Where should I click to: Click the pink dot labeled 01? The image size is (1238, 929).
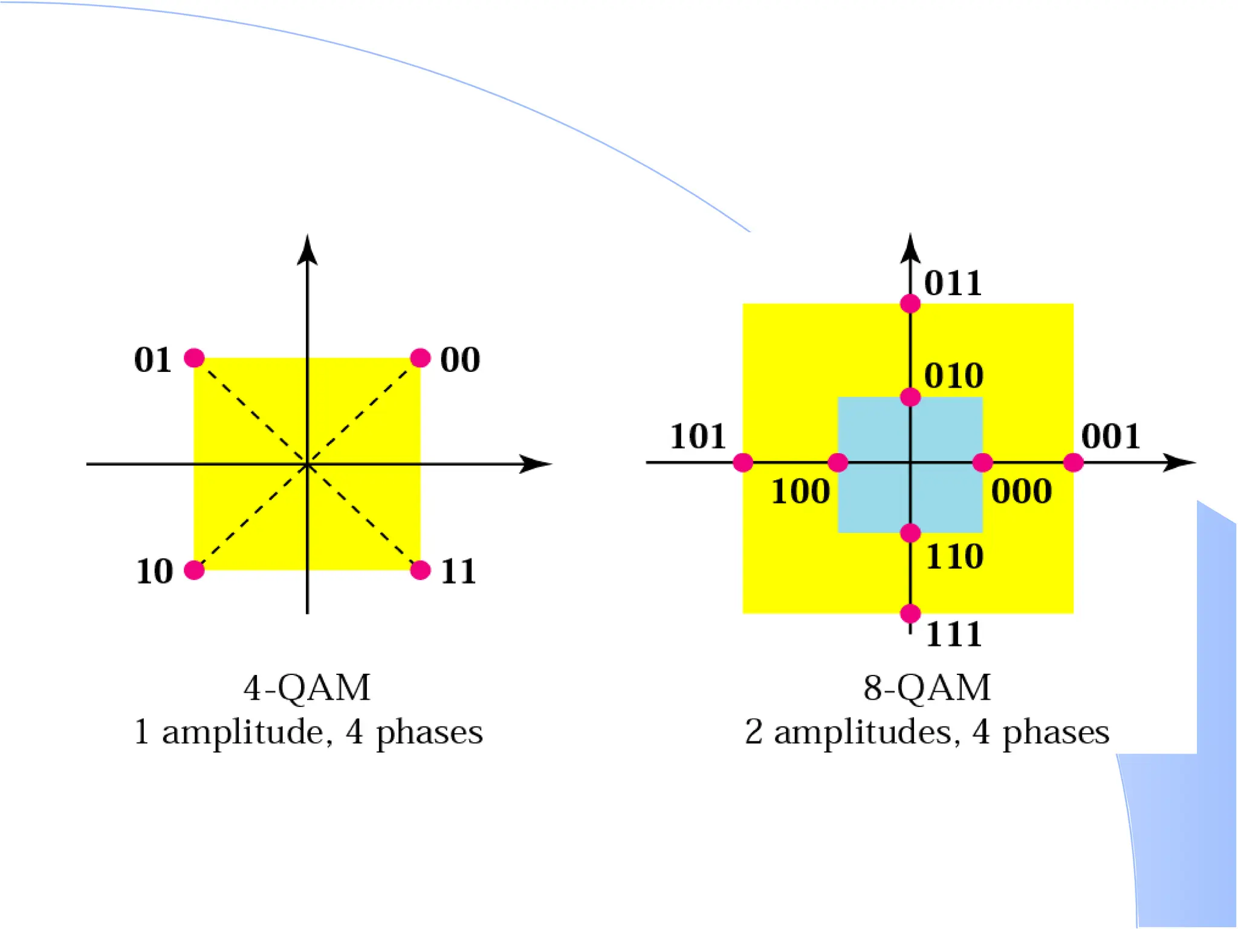point(194,358)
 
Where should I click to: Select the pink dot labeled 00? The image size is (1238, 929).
point(420,358)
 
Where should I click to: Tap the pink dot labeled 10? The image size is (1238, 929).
point(194,570)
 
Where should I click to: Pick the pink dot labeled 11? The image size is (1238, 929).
point(420,570)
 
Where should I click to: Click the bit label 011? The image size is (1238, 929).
point(953,283)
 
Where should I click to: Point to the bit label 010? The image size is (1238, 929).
point(954,376)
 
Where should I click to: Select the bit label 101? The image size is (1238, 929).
point(698,436)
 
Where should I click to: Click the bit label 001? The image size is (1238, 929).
point(1110,436)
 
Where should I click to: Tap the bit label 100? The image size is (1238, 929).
point(800,491)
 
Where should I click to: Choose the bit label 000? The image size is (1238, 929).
point(1022,491)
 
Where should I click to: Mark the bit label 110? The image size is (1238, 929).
point(954,556)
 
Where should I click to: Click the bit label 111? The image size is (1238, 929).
point(954,634)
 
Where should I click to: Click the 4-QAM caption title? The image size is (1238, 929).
point(307,688)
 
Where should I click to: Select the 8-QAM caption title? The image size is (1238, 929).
point(927,688)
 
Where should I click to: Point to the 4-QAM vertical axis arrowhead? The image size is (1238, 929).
point(307,249)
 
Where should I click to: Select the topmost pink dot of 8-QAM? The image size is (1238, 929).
point(910,304)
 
